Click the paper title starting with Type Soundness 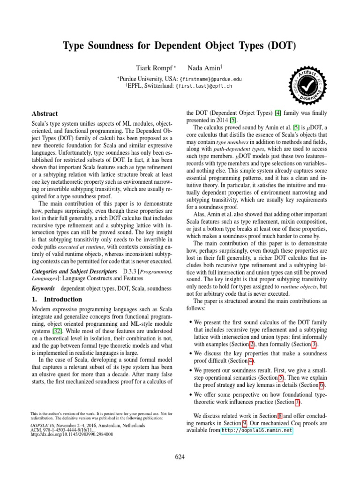180,46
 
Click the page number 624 180,457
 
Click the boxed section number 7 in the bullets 298,402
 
